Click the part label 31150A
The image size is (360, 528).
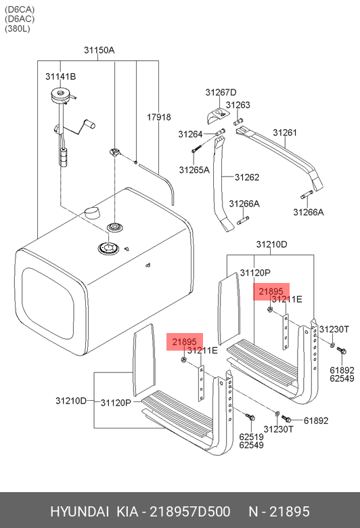(x=99, y=50)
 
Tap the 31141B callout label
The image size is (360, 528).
(x=61, y=76)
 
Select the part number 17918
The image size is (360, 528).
(x=158, y=117)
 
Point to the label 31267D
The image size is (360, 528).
(x=221, y=92)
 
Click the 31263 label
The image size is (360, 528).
(x=238, y=105)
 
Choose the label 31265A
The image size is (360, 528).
(x=194, y=170)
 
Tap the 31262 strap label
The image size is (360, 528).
(x=247, y=177)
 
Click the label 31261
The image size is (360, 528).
(x=285, y=133)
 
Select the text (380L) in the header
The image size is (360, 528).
(x=18, y=28)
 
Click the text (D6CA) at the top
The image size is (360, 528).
(x=20, y=9)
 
